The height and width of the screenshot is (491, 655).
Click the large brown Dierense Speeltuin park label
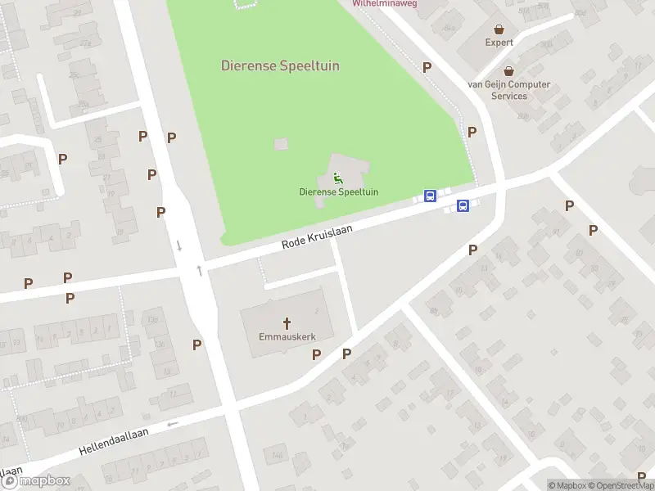tap(280, 65)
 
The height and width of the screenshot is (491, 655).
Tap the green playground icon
tap(338, 178)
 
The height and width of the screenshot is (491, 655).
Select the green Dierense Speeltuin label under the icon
tap(338, 192)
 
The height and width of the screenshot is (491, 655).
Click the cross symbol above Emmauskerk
tap(287, 322)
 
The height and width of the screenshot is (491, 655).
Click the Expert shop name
tap(499, 43)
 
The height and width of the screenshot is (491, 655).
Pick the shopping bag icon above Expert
tap(499, 28)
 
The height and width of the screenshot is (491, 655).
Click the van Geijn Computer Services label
tap(509, 90)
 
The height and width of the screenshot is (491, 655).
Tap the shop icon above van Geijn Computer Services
tap(509, 70)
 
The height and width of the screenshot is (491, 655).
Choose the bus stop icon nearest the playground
tap(430, 196)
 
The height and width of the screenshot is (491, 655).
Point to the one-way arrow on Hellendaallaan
tap(172, 423)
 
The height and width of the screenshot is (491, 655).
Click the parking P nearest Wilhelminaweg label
tap(426, 67)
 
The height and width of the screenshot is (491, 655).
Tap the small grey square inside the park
tap(281, 144)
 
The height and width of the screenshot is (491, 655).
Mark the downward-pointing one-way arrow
tap(178, 245)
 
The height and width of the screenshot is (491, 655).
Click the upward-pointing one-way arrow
tap(199, 270)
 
